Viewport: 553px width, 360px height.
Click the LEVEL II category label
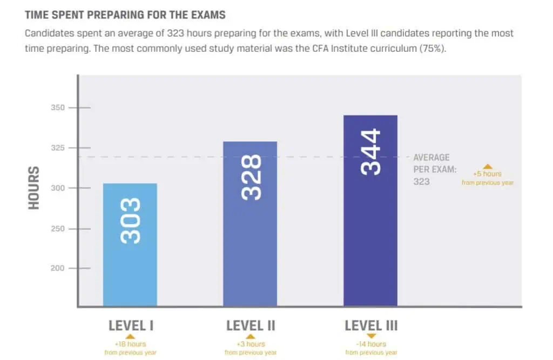[x=251, y=325]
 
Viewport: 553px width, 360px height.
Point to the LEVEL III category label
[x=371, y=325]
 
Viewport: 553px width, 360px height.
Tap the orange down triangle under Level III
[x=371, y=336]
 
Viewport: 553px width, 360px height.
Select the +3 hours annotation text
[x=251, y=344]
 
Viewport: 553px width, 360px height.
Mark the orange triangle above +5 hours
[x=487, y=166]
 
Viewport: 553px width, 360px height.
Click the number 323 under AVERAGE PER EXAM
[x=421, y=181]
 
